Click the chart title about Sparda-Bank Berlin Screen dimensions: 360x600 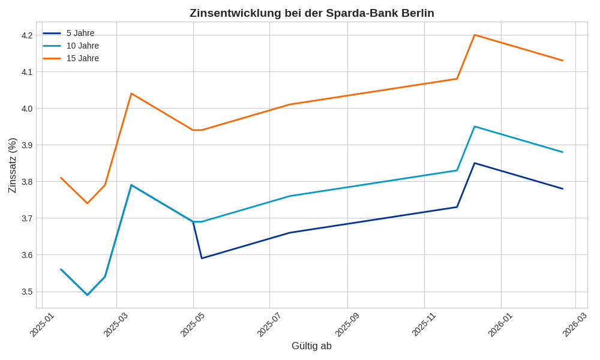pyautogui.click(x=311, y=13)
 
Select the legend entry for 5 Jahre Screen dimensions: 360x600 pyautogui.click(x=80, y=33)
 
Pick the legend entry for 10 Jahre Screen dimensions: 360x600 pyautogui.click(x=83, y=46)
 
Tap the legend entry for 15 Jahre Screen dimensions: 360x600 pyautogui.click(x=83, y=58)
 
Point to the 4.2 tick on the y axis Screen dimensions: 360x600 pyautogui.click(x=27, y=35)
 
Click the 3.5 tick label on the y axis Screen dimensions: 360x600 pyautogui.click(x=27, y=292)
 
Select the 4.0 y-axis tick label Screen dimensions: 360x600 pyautogui.click(x=27, y=109)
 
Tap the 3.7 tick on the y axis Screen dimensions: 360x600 pyautogui.click(x=27, y=218)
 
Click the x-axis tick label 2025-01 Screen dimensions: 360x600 pyautogui.click(x=42, y=324)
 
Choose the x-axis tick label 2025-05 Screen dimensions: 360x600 pyautogui.click(x=193, y=324)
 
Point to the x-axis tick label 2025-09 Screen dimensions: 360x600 pyautogui.click(x=347, y=324)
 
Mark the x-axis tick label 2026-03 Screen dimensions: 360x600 pyautogui.click(x=574, y=324)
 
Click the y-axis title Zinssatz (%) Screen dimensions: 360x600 pyautogui.click(x=12, y=165)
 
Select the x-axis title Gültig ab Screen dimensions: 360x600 pyautogui.click(x=311, y=346)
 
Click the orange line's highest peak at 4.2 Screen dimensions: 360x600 pyautogui.click(x=475, y=35)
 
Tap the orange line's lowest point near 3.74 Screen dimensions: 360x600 pyautogui.click(x=87, y=203)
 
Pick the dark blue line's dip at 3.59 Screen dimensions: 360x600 pyautogui.click(x=202, y=258)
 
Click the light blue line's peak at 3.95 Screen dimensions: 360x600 pyautogui.click(x=475, y=127)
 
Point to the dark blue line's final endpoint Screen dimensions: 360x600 pyautogui.click(x=563, y=188)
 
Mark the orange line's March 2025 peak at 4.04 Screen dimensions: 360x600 pyautogui.click(x=131, y=94)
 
